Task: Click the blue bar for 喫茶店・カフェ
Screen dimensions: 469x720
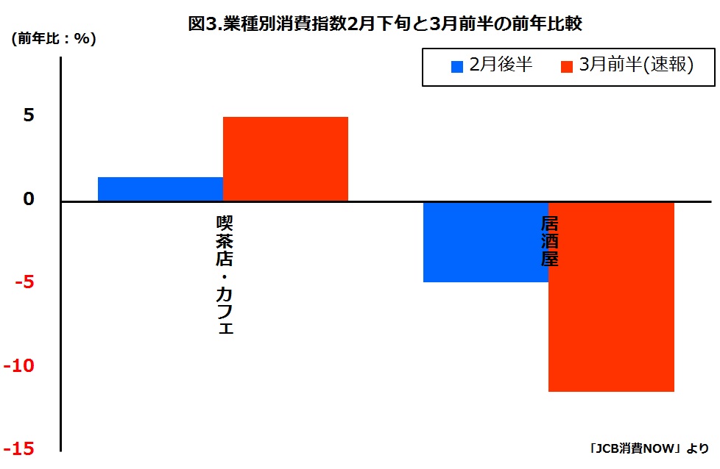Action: click(160, 189)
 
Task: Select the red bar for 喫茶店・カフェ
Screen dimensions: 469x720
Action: click(285, 158)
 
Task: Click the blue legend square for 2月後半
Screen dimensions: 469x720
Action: click(456, 66)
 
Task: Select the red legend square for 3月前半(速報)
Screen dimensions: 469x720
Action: click(566, 66)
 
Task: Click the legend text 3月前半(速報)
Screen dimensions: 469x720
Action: click(637, 65)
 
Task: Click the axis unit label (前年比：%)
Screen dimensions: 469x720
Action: click(53, 40)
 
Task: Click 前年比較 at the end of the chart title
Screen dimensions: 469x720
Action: click(553, 24)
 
